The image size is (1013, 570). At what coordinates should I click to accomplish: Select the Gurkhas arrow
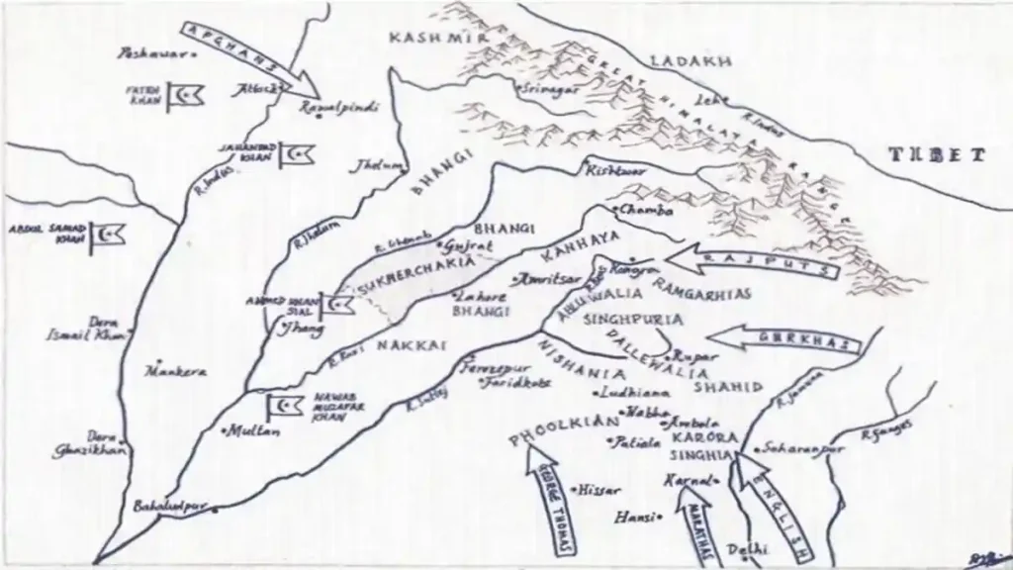tap(786, 340)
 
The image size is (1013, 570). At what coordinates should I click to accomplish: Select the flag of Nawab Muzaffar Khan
tap(280, 407)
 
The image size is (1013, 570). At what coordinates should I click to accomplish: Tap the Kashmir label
tap(423, 38)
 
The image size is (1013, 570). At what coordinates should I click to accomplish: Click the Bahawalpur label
tap(172, 507)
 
